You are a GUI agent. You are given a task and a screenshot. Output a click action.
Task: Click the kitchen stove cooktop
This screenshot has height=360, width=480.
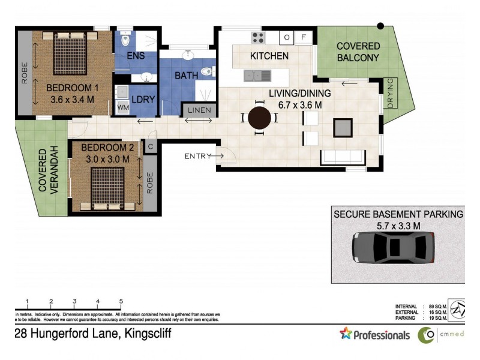tap(258, 37)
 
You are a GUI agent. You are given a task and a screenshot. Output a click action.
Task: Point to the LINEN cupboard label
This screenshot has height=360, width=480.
tap(199, 110)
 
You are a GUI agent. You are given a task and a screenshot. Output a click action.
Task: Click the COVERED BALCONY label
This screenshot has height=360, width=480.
tap(358, 52)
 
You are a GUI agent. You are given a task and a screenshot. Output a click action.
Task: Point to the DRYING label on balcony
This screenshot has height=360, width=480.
tap(391, 93)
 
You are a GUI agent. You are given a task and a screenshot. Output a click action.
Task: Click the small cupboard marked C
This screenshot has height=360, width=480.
tap(151, 146)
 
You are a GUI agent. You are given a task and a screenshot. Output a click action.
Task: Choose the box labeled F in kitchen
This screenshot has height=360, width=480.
tap(304, 37)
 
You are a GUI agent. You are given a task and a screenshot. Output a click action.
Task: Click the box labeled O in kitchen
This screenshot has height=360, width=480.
tap(287, 37)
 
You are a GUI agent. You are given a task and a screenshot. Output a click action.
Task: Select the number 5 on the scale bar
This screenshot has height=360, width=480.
tap(121, 301)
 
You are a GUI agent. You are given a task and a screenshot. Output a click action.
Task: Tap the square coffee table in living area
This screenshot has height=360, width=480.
tap(343, 128)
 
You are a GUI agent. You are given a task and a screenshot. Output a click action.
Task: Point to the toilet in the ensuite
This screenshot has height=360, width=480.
tap(125, 40)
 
